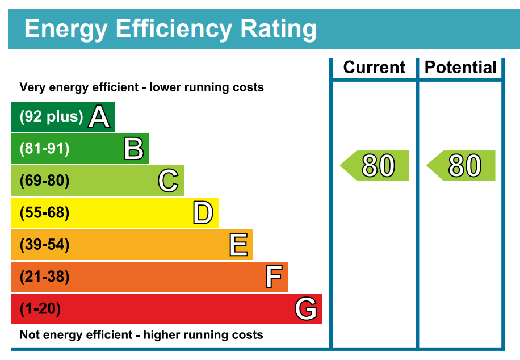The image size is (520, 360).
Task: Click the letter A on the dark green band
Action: pyautogui.click(x=99, y=118)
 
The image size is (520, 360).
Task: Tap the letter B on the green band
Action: pyautogui.click(x=134, y=149)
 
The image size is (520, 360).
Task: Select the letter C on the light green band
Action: pyautogui.click(x=169, y=181)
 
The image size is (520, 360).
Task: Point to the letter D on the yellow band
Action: pyautogui.click(x=203, y=214)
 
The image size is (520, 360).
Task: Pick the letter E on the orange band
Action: pyautogui.click(x=238, y=245)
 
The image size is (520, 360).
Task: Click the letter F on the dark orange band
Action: pyautogui.click(x=274, y=278)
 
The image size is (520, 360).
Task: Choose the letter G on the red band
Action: pyautogui.click(x=306, y=309)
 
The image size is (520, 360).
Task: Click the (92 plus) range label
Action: pyautogui.click(x=52, y=117)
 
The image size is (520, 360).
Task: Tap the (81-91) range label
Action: pyautogui.click(x=45, y=149)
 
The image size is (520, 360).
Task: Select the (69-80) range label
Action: pyautogui.click(x=45, y=181)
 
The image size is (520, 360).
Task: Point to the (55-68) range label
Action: pyautogui.click(x=45, y=213)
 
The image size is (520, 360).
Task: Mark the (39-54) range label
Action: pyautogui.click(x=45, y=245)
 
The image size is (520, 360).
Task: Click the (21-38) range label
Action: pyautogui.click(x=45, y=277)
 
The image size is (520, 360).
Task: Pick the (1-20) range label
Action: pyautogui.click(x=40, y=309)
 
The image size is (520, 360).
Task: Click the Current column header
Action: pyautogui.click(x=375, y=68)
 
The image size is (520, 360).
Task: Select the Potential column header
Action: pyautogui.click(x=461, y=68)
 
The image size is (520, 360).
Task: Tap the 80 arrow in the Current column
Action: pyautogui.click(x=375, y=166)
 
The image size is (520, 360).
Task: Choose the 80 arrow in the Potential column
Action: pyautogui.click(x=462, y=166)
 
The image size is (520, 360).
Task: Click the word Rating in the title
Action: pyautogui.click(x=278, y=28)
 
